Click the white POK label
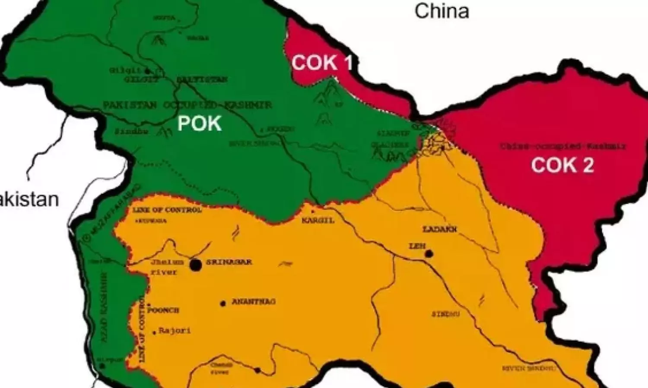pos(200,124)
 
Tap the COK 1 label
pos(322,63)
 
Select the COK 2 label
pos(562,165)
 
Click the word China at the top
pos(442,11)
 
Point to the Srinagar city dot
pos(196,265)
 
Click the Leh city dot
pos(429,254)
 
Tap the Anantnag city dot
pos(223,303)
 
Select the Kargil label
pos(318,220)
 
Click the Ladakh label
pos(440,229)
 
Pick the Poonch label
pos(163,310)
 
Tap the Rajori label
pos(175,331)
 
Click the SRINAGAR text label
pos(229,262)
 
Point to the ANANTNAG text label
pos(254,302)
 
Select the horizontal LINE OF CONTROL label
pos(167,210)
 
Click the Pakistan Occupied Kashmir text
pos(187,105)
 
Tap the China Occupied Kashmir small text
pos(563,146)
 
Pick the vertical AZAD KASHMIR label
pos(104,306)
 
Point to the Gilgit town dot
pos(148,70)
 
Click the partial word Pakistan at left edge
pos(29,199)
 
